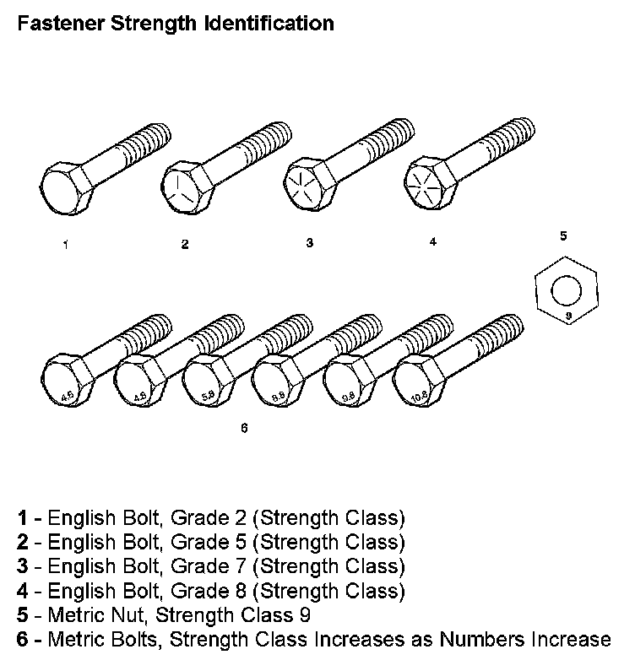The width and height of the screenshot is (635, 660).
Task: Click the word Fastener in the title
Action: coord(55,24)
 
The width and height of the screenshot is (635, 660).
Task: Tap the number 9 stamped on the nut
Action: coord(568,315)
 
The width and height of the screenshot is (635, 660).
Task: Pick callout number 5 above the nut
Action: coord(562,236)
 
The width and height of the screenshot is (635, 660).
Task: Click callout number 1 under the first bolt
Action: coord(64,246)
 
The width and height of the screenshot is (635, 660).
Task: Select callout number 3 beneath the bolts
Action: coord(309,243)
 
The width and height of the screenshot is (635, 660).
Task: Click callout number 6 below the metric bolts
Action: coord(244,427)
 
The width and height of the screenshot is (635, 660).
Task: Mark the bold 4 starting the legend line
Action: coord(23,590)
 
